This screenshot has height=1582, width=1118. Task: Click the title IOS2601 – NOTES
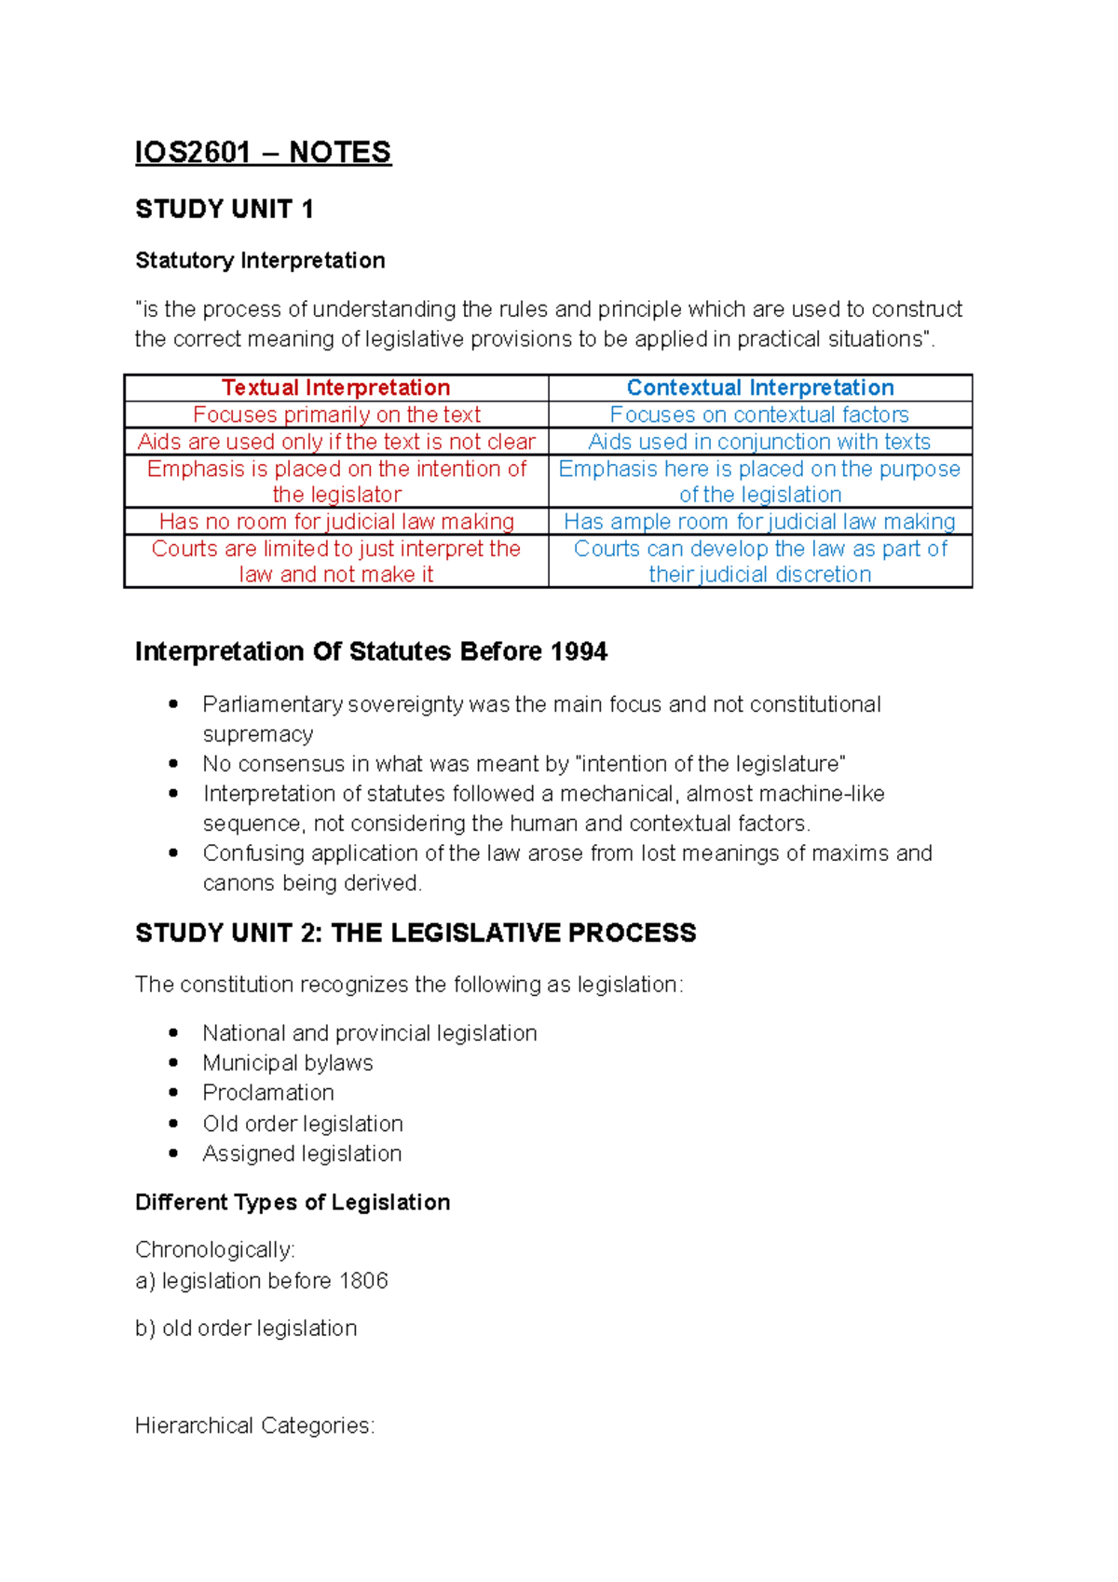pyautogui.click(x=263, y=152)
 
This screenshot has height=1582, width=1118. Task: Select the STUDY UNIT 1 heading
pyautogui.click(x=224, y=209)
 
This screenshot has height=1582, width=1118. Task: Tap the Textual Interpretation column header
pyautogui.click(x=335, y=388)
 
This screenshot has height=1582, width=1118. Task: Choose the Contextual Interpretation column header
pyautogui.click(x=759, y=388)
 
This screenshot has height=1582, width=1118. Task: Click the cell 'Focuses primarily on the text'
pyautogui.click(x=335, y=415)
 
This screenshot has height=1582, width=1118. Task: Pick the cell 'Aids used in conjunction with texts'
pyautogui.click(x=759, y=442)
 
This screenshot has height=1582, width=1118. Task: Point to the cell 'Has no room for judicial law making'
pyautogui.click(x=335, y=522)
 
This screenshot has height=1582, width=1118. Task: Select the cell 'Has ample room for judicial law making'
pyautogui.click(x=759, y=522)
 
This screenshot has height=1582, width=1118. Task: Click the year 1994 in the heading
pyautogui.click(x=579, y=651)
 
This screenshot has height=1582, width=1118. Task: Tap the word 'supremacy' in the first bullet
pyautogui.click(x=258, y=734)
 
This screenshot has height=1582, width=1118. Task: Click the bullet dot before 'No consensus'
pyautogui.click(x=173, y=764)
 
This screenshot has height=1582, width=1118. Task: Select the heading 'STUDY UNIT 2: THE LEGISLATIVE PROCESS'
pyautogui.click(x=416, y=933)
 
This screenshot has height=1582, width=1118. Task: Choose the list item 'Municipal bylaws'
pyautogui.click(x=288, y=1063)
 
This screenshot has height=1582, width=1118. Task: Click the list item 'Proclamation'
pyautogui.click(x=268, y=1093)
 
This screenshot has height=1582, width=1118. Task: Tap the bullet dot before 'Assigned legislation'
pyautogui.click(x=173, y=1153)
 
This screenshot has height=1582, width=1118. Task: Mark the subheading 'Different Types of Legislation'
pyautogui.click(x=293, y=1202)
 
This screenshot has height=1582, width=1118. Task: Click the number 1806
pyautogui.click(x=363, y=1281)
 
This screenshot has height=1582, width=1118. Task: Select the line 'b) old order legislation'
pyautogui.click(x=246, y=1328)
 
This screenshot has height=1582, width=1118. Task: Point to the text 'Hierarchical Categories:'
pyautogui.click(x=254, y=1425)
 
